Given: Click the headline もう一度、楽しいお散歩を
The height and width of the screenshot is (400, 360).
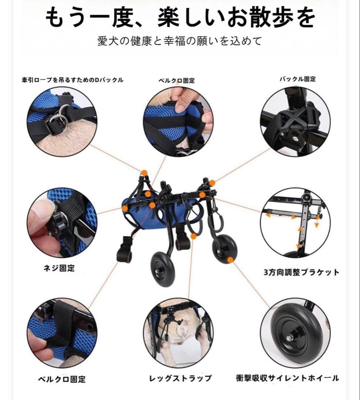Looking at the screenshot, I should point(180,17).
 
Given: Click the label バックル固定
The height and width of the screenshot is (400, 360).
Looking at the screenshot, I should point(298,79).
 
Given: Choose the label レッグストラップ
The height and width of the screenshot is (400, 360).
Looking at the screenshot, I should point(180,378).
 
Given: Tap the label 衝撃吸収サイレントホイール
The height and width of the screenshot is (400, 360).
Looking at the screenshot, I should point(287,378).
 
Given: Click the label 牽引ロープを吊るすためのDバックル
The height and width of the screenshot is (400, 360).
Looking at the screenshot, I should point(72,80).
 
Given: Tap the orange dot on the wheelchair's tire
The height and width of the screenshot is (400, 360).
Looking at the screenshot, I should point(230,260).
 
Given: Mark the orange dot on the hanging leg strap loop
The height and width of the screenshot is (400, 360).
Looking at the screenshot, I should point(193,236).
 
